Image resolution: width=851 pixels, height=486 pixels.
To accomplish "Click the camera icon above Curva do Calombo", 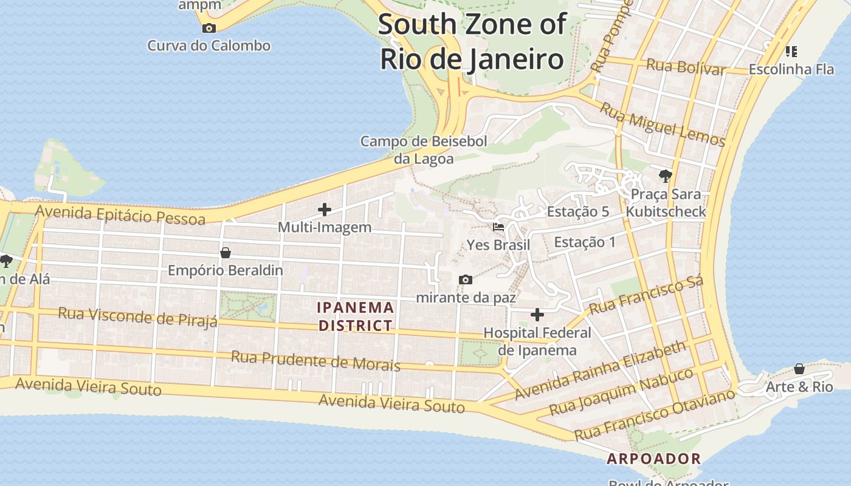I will [208, 28].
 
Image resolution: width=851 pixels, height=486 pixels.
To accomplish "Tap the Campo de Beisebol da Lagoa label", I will [424, 150].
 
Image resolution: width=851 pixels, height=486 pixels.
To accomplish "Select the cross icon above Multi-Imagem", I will [325, 210].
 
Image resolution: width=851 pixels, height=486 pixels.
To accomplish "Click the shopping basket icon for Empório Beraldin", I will [226, 252].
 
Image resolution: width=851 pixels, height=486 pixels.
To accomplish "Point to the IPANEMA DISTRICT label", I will [356, 317].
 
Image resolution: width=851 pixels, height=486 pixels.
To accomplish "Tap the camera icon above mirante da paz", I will [466, 279].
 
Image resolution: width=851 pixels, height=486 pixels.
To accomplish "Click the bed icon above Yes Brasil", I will [498, 227].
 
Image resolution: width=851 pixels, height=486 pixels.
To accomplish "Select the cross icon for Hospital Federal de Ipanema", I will [537, 315].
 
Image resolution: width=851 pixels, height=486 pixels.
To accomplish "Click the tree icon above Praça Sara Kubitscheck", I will [666, 176].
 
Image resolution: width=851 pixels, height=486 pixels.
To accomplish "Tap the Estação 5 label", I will [578, 212].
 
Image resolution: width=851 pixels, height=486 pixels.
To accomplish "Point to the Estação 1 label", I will [585, 242].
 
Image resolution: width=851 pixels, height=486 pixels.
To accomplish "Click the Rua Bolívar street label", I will [686, 67].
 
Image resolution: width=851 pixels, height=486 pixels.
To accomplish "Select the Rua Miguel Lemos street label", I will [663, 125].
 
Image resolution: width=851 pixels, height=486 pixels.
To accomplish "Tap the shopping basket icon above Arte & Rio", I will [799, 369].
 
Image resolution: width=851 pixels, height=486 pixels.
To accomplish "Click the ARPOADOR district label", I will [654, 459].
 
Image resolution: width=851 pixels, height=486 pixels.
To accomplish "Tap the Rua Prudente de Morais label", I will [315, 361].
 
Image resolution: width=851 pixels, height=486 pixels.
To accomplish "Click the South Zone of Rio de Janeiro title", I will [472, 41].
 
